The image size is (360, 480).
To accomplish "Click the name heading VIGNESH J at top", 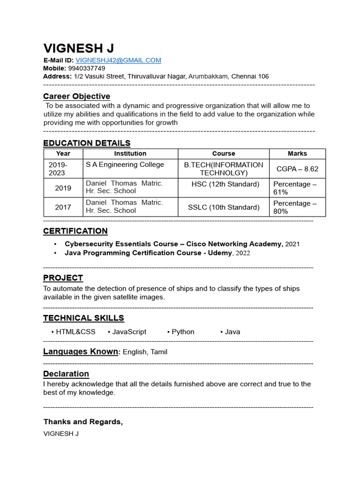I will (78, 48).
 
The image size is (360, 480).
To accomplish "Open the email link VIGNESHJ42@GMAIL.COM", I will (118, 60).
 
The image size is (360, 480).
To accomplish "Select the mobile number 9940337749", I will (87, 68).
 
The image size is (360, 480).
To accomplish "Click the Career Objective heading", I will (76, 97).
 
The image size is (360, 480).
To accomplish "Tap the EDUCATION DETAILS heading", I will (87, 143).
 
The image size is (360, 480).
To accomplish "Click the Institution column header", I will (130, 154).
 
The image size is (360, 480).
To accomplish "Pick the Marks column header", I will (297, 154).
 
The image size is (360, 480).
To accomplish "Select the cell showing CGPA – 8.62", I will (297, 169).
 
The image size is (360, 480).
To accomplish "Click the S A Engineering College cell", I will (125, 165).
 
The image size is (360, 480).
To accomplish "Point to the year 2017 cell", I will (63, 207).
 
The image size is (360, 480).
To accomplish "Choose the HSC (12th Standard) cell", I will (225, 184).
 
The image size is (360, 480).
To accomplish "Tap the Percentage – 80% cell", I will (295, 207).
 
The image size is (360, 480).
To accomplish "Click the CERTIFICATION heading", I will (75, 231).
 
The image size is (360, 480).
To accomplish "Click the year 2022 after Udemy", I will (243, 253).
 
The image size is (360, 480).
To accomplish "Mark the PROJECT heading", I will (63, 278).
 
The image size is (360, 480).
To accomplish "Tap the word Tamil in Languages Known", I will (158, 352).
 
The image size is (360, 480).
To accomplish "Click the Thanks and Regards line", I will (83, 422).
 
